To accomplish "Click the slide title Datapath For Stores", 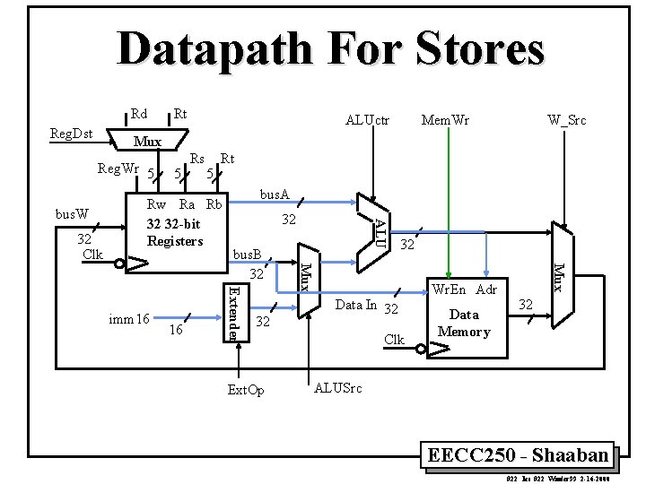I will click(330, 49).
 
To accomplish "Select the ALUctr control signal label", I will click(368, 120).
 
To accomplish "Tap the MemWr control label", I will click(446, 120).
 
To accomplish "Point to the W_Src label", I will click(567, 120).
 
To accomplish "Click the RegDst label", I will click(71, 134).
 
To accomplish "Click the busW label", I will click(72, 215).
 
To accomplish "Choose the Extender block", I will click(231, 311).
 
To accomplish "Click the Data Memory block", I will click(463, 323).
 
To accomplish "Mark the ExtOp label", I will click(246, 390).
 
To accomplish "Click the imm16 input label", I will click(128, 318).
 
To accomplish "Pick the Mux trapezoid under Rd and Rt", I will click(147, 141).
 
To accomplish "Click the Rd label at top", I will click(139, 114).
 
